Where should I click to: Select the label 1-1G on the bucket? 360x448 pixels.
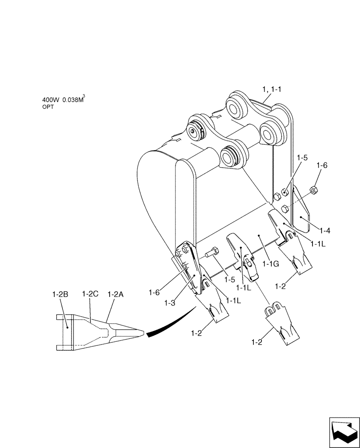271,264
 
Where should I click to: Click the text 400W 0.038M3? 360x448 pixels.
63,101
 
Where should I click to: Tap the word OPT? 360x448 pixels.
48,108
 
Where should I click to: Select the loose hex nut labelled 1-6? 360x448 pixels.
313,191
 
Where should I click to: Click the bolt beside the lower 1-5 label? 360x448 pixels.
212,254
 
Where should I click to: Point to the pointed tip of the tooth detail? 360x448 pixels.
143,333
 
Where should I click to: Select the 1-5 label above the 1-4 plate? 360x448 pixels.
302,158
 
